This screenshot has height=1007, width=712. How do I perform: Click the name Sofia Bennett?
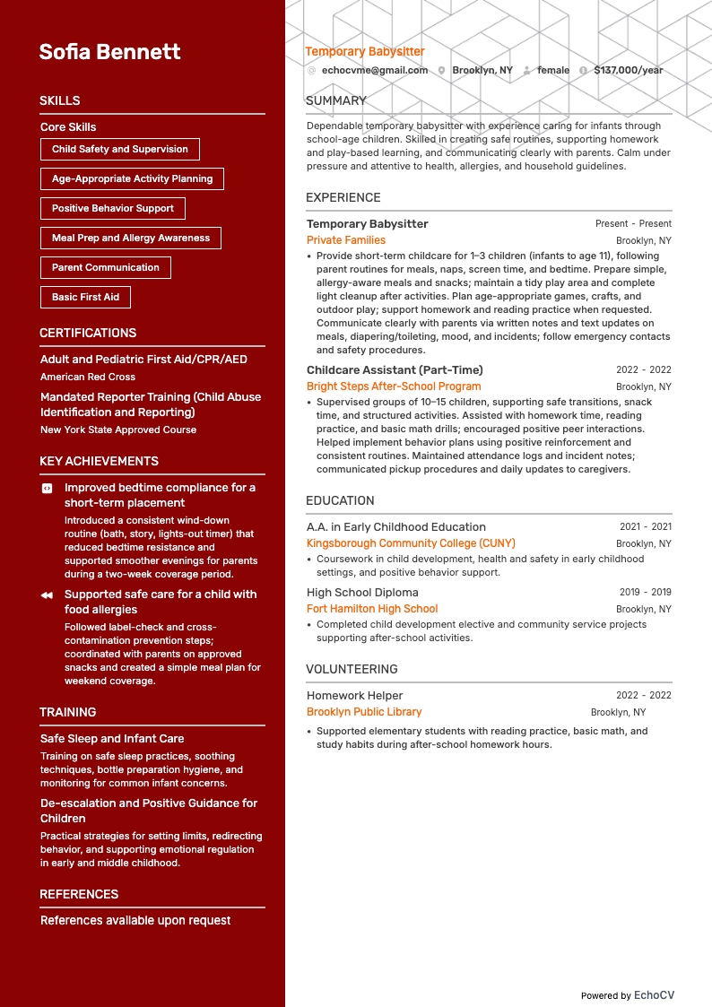[x=109, y=52]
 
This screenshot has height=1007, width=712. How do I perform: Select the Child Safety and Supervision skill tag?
[x=120, y=150]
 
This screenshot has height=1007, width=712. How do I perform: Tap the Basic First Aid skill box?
[x=85, y=297]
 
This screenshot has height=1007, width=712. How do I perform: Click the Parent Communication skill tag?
[x=106, y=267]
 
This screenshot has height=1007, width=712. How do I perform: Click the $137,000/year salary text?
[x=629, y=70]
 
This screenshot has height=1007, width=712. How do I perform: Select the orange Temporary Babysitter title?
[x=365, y=52]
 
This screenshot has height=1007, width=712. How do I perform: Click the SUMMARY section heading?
[x=336, y=101]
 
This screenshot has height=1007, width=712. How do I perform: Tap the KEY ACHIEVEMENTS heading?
[x=99, y=461]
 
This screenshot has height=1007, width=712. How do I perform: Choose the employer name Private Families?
[x=346, y=240]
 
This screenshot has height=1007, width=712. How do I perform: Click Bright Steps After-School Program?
[x=394, y=386]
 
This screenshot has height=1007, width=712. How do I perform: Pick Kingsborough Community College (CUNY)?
[x=411, y=543]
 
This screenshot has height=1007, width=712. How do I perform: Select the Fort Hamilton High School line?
[x=372, y=609]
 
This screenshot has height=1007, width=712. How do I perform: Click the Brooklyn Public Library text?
[x=364, y=712]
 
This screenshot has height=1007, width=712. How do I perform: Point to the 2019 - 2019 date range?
[x=645, y=593]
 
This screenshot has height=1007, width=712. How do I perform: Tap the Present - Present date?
[x=633, y=224]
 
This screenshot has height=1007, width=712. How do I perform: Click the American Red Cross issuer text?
[x=88, y=377]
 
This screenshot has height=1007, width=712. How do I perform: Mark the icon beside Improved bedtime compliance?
[x=48, y=489]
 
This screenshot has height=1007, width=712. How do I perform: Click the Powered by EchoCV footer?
[x=627, y=995]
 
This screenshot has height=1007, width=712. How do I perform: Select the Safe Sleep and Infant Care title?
[x=112, y=739]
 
